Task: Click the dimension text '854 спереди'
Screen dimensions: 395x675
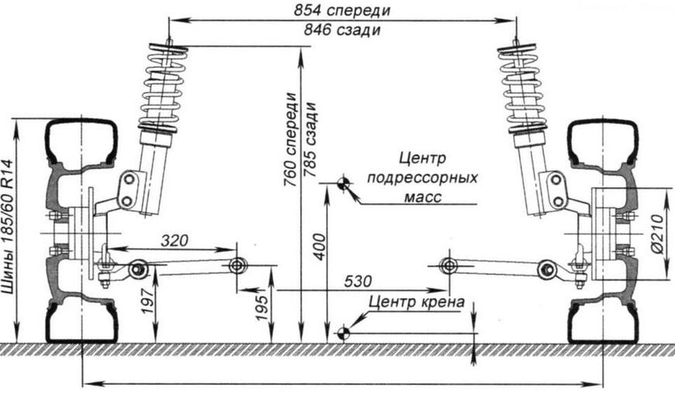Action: pos(342,11)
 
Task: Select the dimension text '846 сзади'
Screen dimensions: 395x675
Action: pos(342,30)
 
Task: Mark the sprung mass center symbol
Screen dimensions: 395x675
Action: pos(342,183)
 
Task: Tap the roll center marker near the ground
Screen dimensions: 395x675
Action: pos(342,334)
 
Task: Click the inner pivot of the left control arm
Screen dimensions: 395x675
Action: pos(237,265)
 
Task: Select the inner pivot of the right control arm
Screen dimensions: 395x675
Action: pos(447,265)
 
